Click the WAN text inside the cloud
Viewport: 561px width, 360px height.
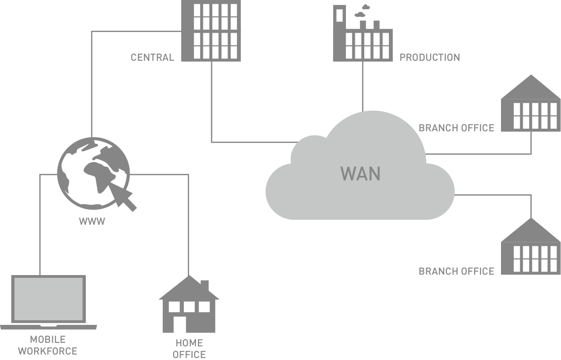[x=360, y=174]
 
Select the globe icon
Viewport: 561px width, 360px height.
[x=93, y=171]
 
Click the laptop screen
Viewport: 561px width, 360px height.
[x=48, y=298]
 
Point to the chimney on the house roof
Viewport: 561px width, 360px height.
[x=204, y=286]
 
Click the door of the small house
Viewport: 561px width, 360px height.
[x=179, y=324]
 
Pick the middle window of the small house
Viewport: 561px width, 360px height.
[x=189, y=307]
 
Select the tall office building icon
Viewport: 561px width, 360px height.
[x=211, y=30]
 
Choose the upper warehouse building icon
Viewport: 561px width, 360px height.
[x=531, y=105]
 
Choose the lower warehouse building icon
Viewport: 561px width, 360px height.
[x=531, y=249]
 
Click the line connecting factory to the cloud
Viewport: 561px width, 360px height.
[x=363, y=86]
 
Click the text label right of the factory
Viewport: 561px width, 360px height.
[x=430, y=57]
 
